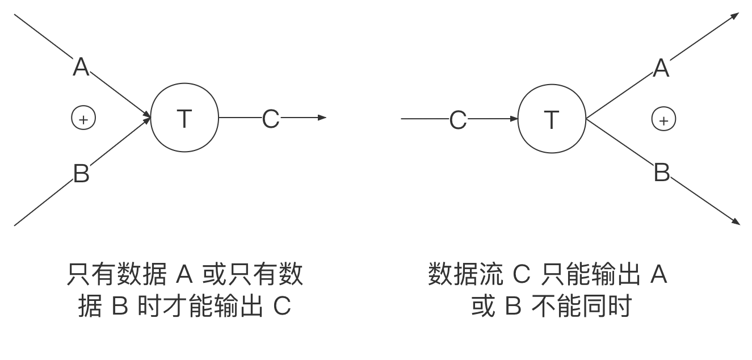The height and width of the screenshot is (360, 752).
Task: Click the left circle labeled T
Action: click(184, 118)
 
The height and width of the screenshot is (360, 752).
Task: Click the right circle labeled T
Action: click(552, 119)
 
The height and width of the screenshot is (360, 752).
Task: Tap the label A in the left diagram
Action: click(81, 65)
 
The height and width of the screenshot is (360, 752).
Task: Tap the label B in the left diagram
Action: click(81, 172)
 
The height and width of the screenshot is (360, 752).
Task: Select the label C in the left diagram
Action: click(271, 118)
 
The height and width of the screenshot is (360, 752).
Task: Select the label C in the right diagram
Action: click(458, 119)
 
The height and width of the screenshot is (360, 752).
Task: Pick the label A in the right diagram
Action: click(661, 66)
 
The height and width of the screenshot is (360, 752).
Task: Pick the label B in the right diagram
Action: click(662, 171)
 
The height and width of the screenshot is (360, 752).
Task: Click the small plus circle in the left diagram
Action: click(83, 118)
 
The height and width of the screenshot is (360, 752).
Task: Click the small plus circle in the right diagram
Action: click(663, 119)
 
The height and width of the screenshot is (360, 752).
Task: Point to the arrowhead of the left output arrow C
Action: click(322, 118)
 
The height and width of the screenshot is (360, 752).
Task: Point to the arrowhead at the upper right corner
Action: click(735, 16)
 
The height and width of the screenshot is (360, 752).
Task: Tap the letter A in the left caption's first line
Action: click(185, 275)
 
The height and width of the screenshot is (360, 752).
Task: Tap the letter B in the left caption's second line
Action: click(120, 307)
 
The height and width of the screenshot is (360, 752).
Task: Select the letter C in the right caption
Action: click(521, 275)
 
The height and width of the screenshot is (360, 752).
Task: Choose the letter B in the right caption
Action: click(512, 307)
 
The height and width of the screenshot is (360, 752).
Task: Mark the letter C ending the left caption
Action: click(282, 307)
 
